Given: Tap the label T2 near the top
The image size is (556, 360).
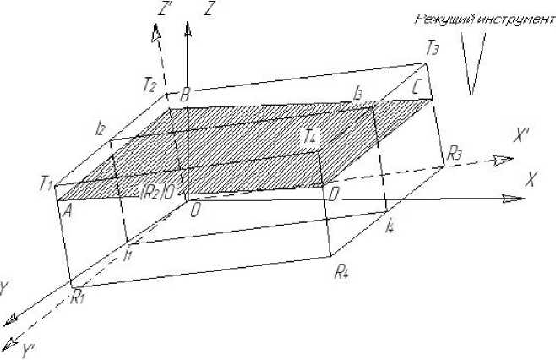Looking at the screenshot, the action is tap(150, 85).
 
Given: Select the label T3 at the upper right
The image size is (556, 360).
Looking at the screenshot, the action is tap(433, 48).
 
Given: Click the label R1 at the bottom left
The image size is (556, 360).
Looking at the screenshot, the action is tap(79, 297).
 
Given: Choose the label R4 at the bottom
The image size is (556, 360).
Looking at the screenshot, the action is tap(342, 272).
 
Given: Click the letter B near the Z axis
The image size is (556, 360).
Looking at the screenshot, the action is tap(183, 95).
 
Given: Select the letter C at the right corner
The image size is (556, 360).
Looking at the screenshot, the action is tap(416, 86).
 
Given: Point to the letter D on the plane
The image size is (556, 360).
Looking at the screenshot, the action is tap(334, 195).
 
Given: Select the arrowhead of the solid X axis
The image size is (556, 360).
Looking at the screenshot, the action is tap(515, 199).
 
